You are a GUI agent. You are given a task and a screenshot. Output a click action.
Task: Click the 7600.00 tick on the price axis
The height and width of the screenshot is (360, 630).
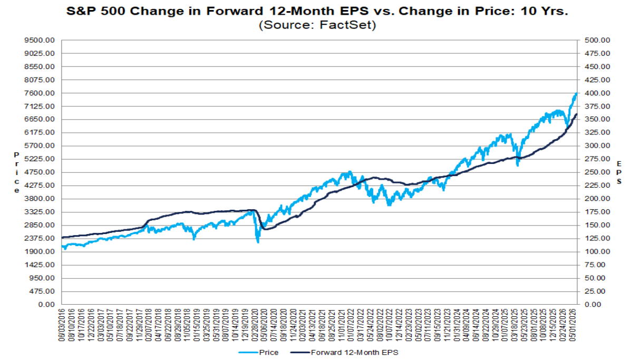click(x=40, y=93)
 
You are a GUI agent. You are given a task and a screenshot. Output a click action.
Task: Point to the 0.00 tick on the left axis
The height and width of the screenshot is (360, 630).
click(x=46, y=305)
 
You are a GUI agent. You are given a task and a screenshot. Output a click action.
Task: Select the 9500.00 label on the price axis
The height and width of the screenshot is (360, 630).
click(x=40, y=40)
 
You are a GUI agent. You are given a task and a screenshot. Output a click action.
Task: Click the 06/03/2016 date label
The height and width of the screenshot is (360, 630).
click(x=62, y=325)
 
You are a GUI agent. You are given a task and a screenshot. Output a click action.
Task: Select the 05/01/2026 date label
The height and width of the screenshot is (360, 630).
click(x=573, y=325)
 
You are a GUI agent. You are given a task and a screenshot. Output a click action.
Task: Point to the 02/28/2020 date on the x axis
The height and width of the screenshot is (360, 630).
click(x=256, y=325)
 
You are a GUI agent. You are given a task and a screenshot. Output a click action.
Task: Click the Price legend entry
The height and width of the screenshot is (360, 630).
click(x=258, y=353)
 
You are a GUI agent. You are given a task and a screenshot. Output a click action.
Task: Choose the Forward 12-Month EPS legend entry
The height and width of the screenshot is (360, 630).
click(x=344, y=353)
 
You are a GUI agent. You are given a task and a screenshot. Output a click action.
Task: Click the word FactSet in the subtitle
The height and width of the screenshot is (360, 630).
click(x=347, y=25)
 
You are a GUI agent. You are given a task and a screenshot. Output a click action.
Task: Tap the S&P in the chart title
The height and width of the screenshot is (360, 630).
click(x=80, y=11)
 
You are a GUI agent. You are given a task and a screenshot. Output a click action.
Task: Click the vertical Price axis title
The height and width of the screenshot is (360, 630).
click(x=16, y=172)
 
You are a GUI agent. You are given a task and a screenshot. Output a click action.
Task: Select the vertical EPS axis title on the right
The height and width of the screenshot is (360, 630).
click(x=619, y=172)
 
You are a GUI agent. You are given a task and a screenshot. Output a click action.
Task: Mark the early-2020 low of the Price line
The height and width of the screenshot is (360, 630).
click(x=258, y=242)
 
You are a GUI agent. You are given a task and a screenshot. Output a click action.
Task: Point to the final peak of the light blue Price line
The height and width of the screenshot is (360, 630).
click(x=577, y=94)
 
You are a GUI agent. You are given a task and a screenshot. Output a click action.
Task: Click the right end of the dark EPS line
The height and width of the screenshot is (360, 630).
click(x=577, y=114)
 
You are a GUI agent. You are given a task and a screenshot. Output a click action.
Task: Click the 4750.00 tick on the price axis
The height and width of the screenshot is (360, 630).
click(x=40, y=172)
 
